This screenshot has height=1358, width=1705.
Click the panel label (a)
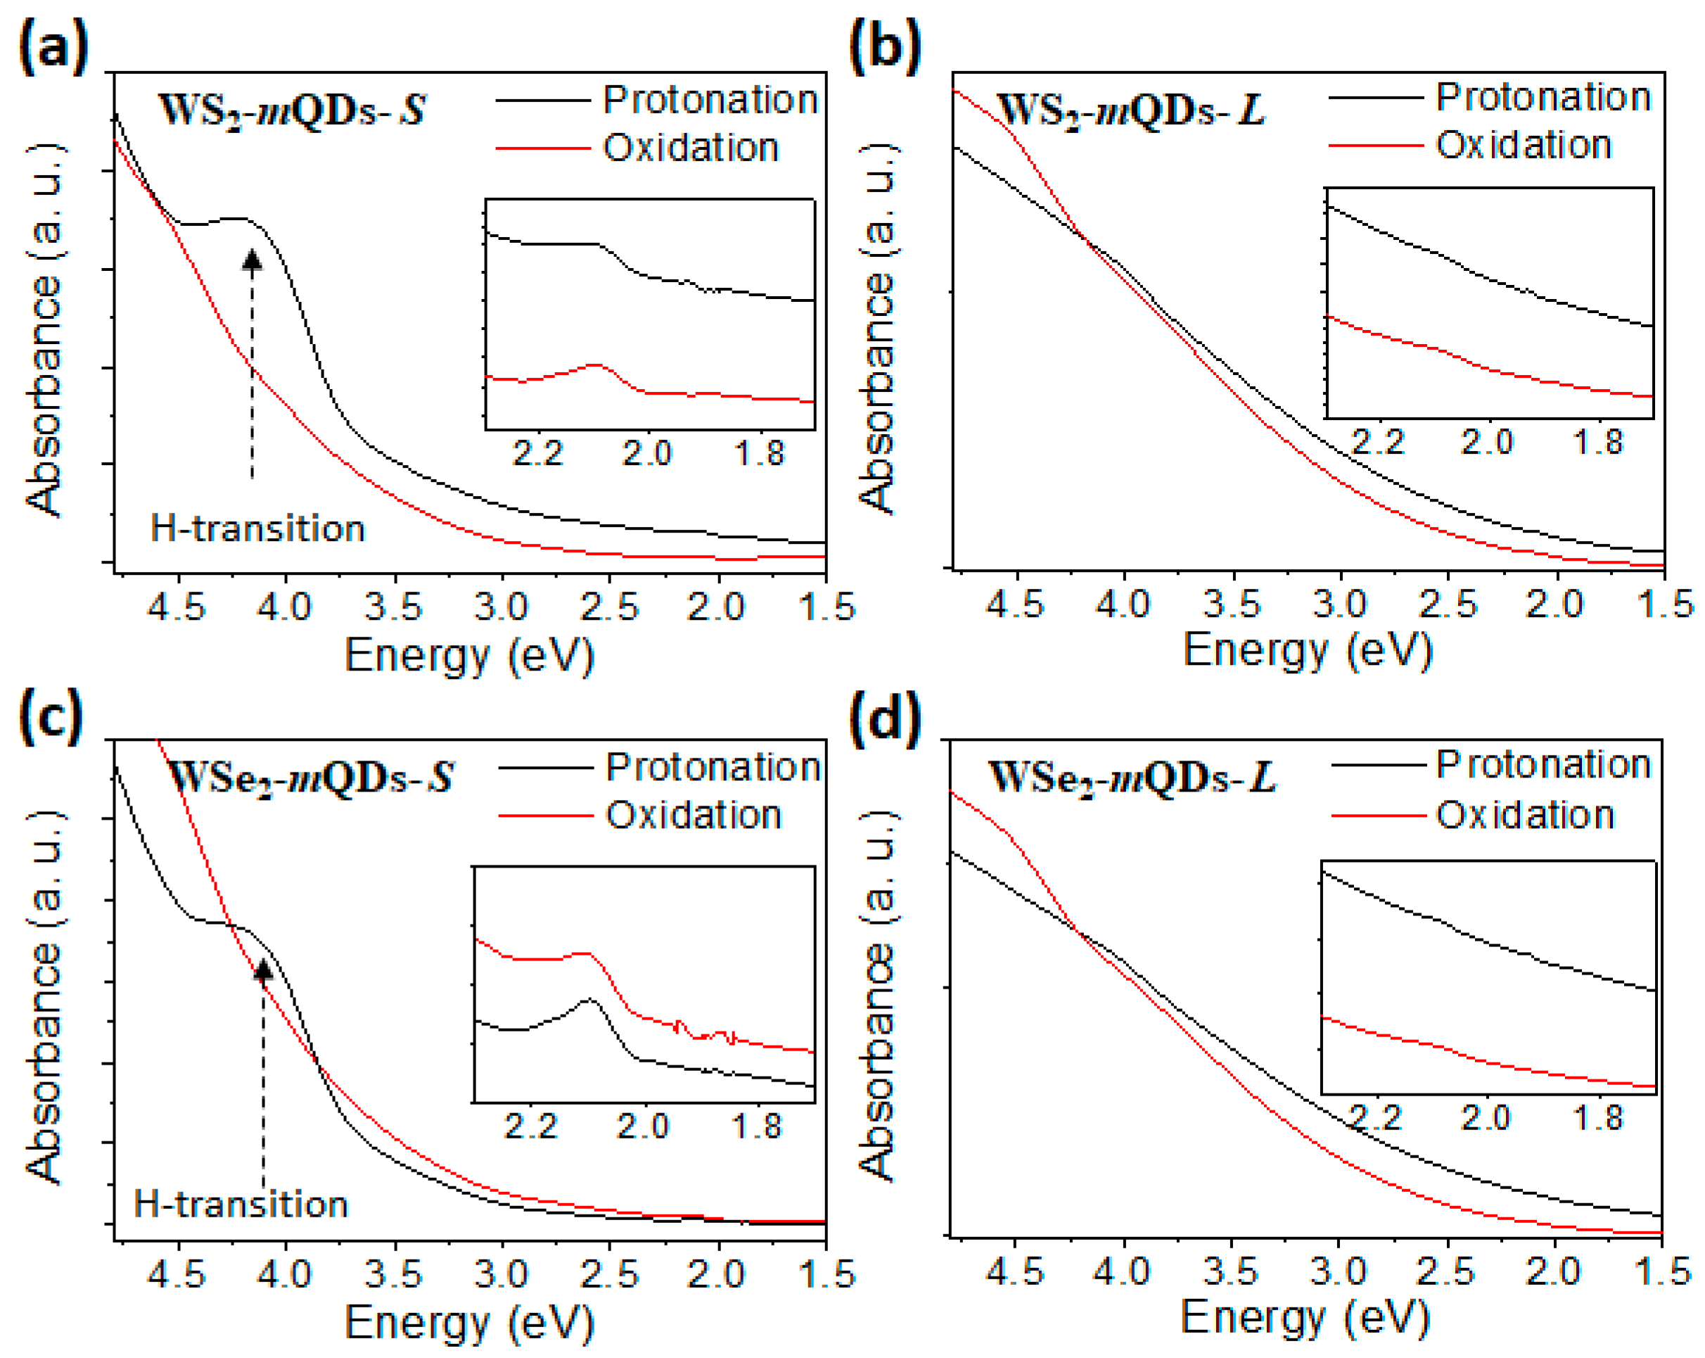pyautogui.click(x=52, y=47)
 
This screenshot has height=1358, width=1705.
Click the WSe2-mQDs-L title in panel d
pyautogui.click(x=1132, y=778)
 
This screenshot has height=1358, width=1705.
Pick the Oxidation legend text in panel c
pyautogui.click(x=694, y=816)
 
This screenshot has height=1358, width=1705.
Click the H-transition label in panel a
pyautogui.click(x=258, y=528)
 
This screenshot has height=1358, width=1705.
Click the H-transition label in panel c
pyautogui.click(x=241, y=1205)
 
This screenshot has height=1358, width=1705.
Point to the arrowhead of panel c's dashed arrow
pyautogui.click(x=263, y=969)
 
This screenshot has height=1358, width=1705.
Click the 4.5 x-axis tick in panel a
pyautogui.click(x=178, y=607)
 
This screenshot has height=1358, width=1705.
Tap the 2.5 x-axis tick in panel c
pyautogui.click(x=609, y=1274)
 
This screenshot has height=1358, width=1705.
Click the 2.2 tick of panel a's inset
pyautogui.click(x=538, y=454)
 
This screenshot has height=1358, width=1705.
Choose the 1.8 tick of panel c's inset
pyautogui.click(x=757, y=1127)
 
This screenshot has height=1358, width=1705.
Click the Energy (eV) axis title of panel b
pyautogui.click(x=1307, y=652)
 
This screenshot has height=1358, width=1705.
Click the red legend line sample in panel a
pyautogui.click(x=543, y=148)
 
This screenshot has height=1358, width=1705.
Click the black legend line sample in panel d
pyautogui.click(x=1378, y=765)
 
